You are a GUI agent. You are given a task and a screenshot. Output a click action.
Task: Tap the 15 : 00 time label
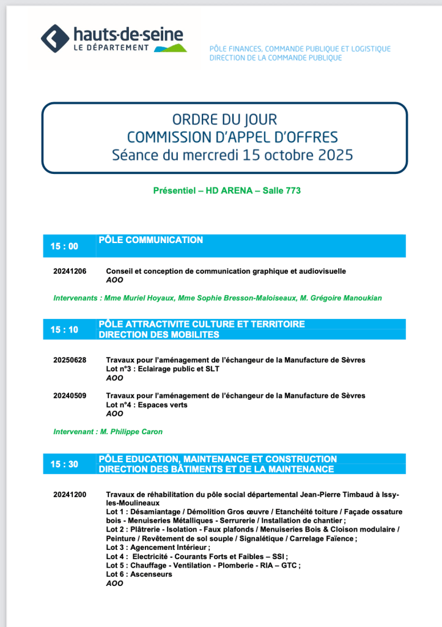click(64, 246)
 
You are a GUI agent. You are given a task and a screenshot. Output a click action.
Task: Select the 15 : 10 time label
click(64, 329)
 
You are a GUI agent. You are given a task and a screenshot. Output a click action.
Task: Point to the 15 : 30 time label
click(64, 464)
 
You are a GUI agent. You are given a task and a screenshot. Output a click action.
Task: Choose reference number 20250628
click(70, 360)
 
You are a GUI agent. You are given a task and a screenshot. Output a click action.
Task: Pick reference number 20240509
click(70, 396)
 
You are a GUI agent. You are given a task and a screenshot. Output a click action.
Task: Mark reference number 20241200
click(70, 494)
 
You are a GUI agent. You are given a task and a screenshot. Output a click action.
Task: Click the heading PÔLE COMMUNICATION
click(150, 240)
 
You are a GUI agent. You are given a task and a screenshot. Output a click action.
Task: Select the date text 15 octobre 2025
click(298, 154)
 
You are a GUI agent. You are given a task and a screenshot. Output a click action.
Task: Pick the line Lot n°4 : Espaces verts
click(147, 405)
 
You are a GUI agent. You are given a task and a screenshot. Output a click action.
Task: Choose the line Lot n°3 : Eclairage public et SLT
click(163, 369)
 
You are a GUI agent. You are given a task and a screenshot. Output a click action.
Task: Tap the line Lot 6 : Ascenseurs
click(139, 574)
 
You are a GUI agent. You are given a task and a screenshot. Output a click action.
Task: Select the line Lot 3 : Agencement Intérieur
click(158, 547)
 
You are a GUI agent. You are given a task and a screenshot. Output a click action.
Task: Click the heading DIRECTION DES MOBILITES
click(158, 335)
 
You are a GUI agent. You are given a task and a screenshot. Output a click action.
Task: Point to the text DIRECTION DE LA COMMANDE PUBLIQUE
click(275, 58)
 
